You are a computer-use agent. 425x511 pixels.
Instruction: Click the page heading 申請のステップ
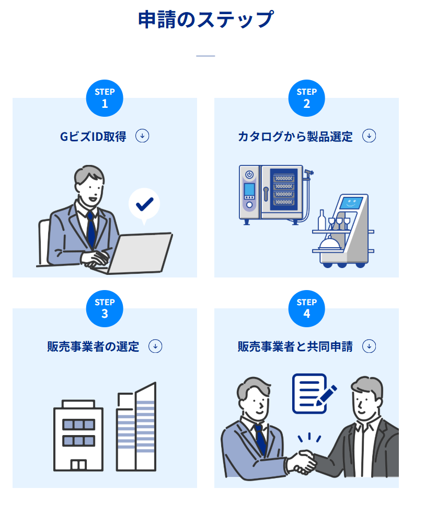(205, 20)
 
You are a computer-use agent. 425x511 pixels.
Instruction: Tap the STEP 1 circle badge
(105, 98)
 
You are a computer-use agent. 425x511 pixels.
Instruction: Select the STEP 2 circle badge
(306, 98)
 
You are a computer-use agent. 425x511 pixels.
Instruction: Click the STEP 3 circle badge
(105, 308)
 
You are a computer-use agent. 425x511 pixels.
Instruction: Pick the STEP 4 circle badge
(306, 308)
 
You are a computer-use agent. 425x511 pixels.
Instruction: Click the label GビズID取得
(93, 137)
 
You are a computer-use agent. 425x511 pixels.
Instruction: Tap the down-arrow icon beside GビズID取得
(142, 136)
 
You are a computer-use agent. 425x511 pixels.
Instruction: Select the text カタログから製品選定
(295, 137)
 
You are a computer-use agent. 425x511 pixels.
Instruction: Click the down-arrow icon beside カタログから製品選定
(369, 136)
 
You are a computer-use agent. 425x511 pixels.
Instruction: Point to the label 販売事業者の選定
(93, 347)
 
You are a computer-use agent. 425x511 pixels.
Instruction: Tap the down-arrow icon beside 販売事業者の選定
(156, 346)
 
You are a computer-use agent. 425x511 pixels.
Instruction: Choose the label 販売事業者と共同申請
(295, 347)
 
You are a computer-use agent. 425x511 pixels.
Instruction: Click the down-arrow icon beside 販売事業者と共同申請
(369, 346)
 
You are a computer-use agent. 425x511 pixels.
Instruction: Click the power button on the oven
(249, 174)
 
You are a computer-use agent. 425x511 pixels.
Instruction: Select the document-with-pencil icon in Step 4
(312, 393)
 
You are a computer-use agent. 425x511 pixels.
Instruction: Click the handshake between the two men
(302, 461)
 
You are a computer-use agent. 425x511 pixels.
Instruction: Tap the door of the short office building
(78, 464)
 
